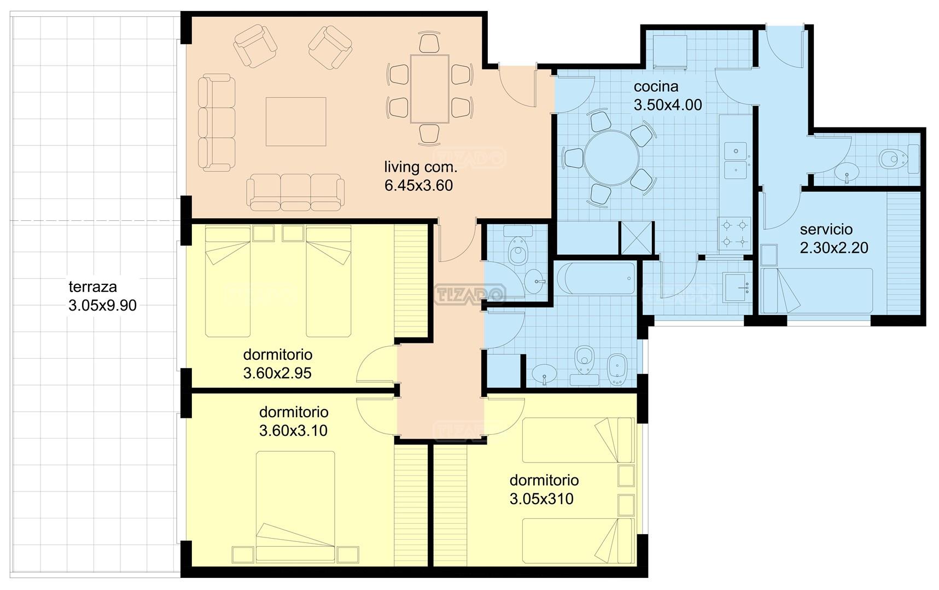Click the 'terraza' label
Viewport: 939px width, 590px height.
(92, 287)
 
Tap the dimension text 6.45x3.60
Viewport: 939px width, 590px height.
(418, 185)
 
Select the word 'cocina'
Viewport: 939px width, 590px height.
(656, 86)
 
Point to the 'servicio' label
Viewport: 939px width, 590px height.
(826, 229)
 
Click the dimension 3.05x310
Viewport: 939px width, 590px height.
(541, 499)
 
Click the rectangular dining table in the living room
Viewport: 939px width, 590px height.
(429, 89)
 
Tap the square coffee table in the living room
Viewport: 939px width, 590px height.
(296, 121)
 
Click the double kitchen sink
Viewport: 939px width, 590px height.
(736, 160)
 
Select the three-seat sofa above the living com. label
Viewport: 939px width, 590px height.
(295, 192)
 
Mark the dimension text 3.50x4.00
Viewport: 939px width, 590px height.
(668, 105)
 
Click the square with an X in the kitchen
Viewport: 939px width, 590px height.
(636, 238)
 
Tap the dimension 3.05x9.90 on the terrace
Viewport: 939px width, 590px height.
(103, 305)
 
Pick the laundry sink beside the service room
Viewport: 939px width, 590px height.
(738, 287)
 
